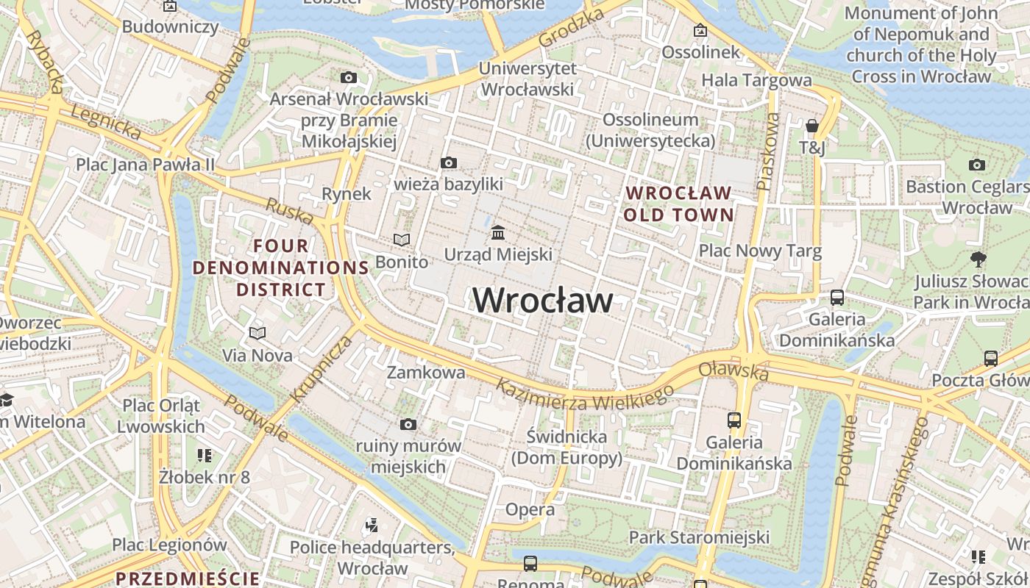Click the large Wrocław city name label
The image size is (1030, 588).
pos(542,301)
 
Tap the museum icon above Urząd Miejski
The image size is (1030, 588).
pos(498,233)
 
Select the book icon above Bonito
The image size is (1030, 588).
pos(401,240)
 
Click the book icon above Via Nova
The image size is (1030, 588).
pos(257,334)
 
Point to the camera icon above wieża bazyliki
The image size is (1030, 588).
pos(448,162)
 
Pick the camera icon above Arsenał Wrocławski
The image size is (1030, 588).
pos(349,77)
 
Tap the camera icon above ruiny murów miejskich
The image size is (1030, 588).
pos(408,424)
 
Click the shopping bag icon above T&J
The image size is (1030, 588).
pos(811,126)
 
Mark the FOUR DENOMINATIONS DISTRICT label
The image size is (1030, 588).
pos(280,268)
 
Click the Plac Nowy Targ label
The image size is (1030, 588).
pos(760,251)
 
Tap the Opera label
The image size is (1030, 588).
pos(530,509)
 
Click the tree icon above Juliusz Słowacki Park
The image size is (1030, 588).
pos(978,259)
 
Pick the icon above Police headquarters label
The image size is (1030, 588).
pos(372,526)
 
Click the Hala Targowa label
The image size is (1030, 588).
pos(756,80)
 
